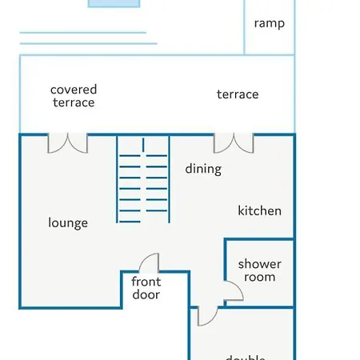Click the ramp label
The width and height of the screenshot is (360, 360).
(x=269, y=23)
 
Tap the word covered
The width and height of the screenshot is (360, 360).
(x=74, y=90)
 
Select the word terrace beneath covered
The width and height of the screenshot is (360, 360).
(x=74, y=102)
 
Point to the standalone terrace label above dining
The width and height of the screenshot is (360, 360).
(x=238, y=94)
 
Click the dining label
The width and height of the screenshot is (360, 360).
(x=203, y=169)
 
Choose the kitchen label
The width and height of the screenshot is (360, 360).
(x=259, y=210)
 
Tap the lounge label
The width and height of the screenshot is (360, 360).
(x=68, y=223)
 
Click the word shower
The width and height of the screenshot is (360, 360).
(x=259, y=264)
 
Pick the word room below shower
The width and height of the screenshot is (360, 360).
(x=259, y=277)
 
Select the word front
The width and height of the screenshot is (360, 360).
(x=146, y=282)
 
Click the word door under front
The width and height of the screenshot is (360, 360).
(x=146, y=294)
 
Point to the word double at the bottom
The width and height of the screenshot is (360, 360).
(x=245, y=357)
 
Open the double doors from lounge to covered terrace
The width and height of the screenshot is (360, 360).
(x=68, y=142)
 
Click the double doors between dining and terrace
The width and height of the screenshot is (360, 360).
(x=234, y=142)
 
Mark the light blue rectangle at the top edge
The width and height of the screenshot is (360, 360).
(x=111, y=3)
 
